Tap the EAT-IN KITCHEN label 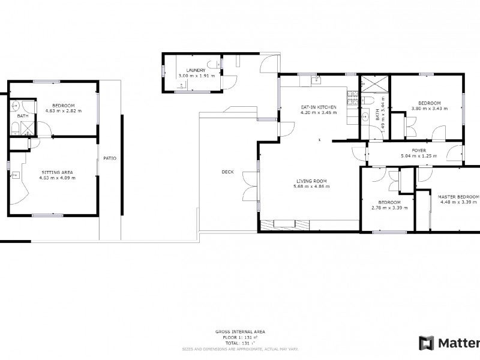(x=319, y=107)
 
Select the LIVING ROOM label (x=311, y=181)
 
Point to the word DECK (x=227, y=172)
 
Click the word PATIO (x=110, y=158)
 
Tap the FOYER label (x=418, y=150)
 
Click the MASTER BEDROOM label (x=458, y=196)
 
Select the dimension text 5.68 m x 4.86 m (x=311, y=187)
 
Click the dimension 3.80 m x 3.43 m (x=429, y=109)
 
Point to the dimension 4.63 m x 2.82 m (x=63, y=110)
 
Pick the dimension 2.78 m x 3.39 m (x=389, y=208)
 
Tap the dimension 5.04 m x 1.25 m (x=418, y=156)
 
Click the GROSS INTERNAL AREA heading (x=240, y=332)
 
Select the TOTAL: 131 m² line (x=240, y=343)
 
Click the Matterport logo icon (x=427, y=343)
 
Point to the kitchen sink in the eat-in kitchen (x=317, y=80)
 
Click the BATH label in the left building (x=22, y=116)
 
